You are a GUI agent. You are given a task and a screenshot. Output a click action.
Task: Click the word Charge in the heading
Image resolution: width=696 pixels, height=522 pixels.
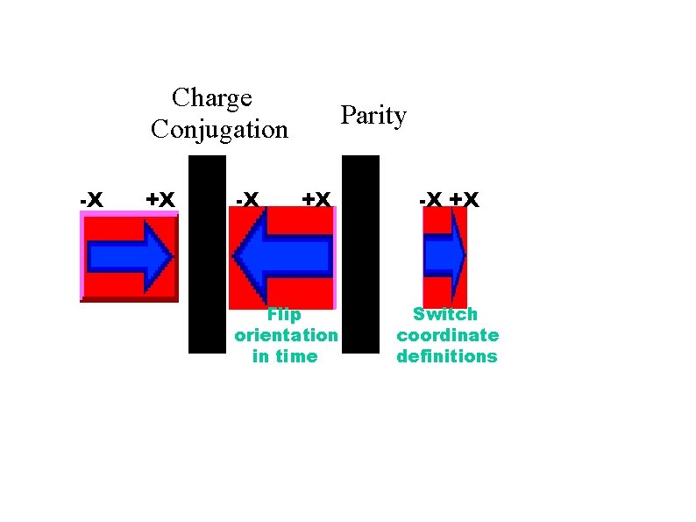pos(212,97)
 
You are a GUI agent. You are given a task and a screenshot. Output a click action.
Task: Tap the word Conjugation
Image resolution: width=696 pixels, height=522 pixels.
pos(219,130)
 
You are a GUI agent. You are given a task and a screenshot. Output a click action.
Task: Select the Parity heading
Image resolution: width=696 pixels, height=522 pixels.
pos(373,116)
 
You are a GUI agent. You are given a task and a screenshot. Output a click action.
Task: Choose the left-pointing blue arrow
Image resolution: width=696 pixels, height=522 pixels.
pos(281,256)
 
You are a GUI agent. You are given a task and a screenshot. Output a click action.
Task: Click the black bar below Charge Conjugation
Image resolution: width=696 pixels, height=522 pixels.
pos(207,254)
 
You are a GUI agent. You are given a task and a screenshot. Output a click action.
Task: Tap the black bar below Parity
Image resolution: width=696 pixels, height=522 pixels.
pos(359,254)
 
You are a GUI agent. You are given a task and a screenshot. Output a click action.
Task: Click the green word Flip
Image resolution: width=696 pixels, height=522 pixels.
pos(284,315)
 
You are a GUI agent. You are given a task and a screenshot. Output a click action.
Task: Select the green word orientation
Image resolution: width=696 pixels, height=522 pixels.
pos(286,335)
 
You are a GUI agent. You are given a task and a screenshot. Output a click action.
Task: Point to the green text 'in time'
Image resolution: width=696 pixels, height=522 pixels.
pos(285,356)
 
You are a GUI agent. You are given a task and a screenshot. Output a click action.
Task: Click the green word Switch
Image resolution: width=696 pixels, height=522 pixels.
pos(445,314)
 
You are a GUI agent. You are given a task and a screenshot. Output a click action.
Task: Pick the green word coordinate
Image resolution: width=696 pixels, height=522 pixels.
pos(447,335)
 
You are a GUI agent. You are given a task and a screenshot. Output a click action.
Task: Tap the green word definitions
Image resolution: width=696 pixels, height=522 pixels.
pos(447,356)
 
